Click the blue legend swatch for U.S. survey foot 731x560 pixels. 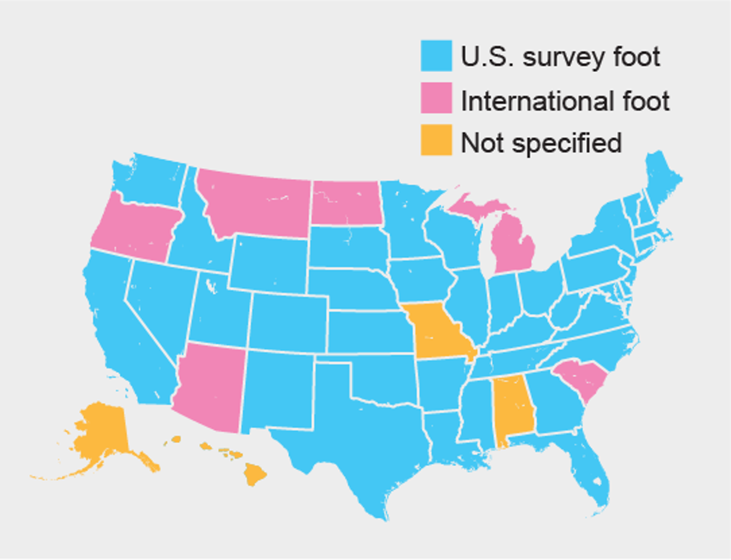(x=436, y=56)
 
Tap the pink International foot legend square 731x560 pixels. (x=436, y=99)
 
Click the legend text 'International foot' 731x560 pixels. (x=565, y=100)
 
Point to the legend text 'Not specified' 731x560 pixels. (x=541, y=143)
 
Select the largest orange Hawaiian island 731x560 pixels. (x=256, y=473)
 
